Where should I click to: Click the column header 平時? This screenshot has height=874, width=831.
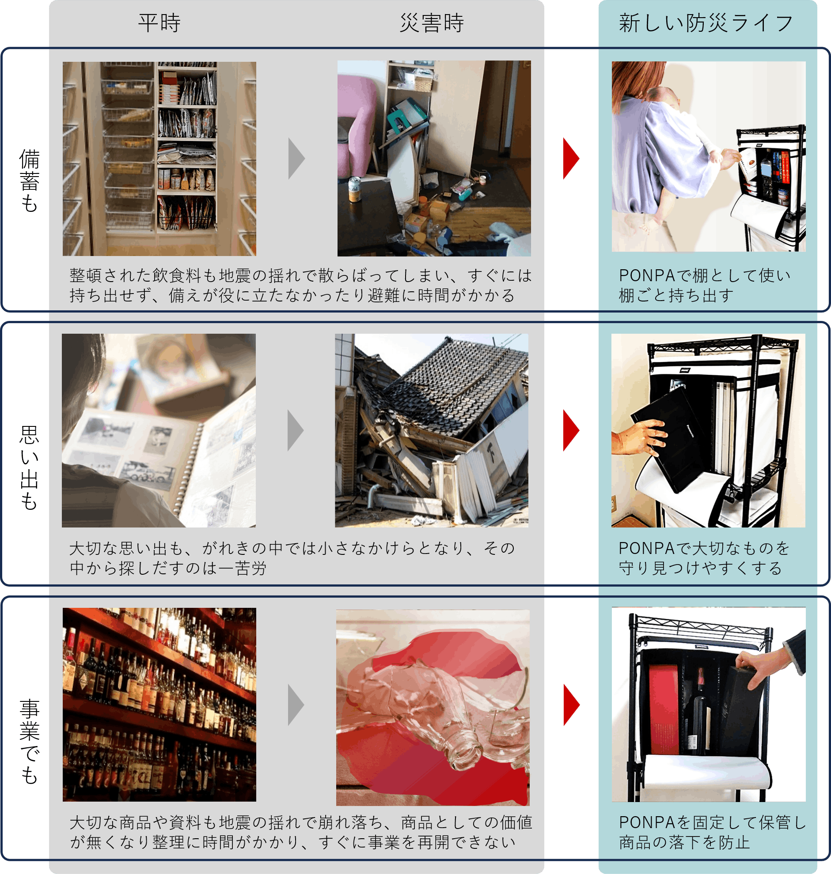[159, 23]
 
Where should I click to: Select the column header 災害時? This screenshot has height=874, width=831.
[432, 23]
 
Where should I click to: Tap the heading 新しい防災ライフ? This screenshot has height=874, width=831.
[706, 23]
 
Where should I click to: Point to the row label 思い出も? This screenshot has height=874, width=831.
[30, 468]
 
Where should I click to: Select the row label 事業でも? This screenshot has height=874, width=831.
[30, 742]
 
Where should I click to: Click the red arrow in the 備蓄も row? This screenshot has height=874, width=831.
[571, 158]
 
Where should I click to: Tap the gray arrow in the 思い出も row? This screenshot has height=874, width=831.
[296, 430]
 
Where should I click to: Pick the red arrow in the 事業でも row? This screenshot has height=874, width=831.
[571, 705]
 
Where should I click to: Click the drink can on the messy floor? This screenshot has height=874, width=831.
[354, 189]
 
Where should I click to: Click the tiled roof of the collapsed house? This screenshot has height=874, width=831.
[461, 385]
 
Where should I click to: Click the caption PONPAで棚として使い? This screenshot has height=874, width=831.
[704, 276]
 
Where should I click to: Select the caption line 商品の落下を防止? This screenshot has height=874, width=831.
[684, 842]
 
